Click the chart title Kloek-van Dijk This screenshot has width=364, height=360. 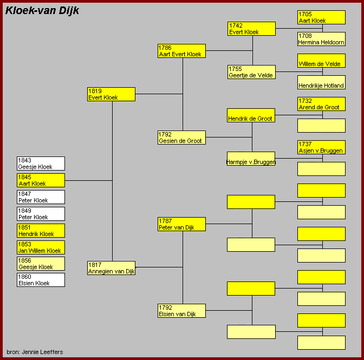click(42, 10)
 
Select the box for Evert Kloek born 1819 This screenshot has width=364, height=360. click(111, 94)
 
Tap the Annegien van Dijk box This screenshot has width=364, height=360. click(111, 268)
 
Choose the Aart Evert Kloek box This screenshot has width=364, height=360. click(181, 51)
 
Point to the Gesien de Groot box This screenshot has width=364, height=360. click(181, 138)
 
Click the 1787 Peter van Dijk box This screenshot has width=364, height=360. click(181, 224)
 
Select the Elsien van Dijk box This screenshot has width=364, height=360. click(181, 311)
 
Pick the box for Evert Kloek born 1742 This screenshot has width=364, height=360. click(251, 29)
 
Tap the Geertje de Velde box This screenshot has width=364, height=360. click(251, 72)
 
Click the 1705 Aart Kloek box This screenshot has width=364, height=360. click(321, 17)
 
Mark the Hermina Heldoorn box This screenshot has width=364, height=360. click(321, 39)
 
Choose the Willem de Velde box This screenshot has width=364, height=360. click(321, 61)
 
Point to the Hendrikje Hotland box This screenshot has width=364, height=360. click(321, 82)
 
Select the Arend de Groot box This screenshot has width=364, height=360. click(321, 104)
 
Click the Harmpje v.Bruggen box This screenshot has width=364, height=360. click(251, 159)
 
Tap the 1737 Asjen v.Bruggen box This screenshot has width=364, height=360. click(321, 147)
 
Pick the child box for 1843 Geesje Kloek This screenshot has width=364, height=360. click(41, 163)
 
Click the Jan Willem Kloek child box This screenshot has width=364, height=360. click(41, 247)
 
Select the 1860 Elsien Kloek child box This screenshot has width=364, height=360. click(41, 280)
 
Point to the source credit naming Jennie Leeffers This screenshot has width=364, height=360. click(35, 352)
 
